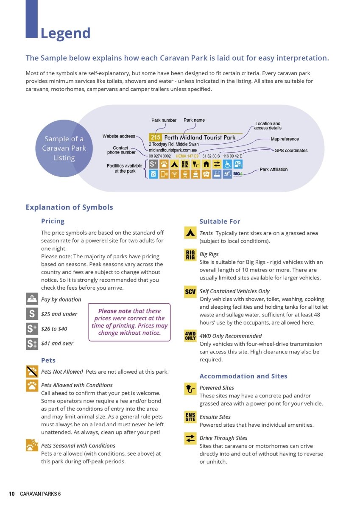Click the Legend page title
pos(65,33)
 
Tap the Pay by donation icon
pos(32,299)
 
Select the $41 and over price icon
pos(32,343)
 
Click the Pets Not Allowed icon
pos(32,372)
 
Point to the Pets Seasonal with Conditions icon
pos(32,445)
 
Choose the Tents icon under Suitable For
pos(190,233)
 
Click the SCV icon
pos(190,291)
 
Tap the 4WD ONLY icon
pos(190,336)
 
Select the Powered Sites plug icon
pos(190,388)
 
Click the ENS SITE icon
pos(190,417)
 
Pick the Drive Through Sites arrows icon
pos(190,438)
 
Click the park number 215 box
pos(155,137)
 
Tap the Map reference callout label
pos(285,139)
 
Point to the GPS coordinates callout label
pos(291,151)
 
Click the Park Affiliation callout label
pos(273,170)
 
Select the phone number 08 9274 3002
pos(160,156)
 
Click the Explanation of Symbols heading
pos(69,207)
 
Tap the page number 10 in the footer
pos(12,494)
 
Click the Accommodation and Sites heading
pos(243,376)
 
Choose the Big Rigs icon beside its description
pos(190,255)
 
